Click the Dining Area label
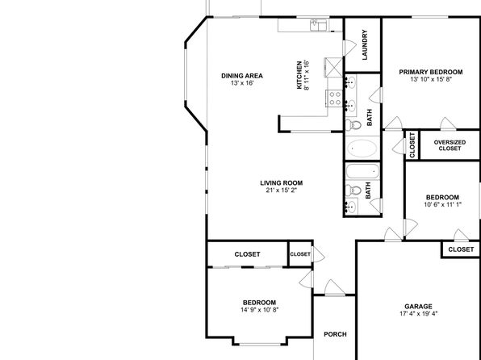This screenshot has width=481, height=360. [x=242, y=76]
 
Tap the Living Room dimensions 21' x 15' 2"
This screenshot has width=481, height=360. [x=282, y=190]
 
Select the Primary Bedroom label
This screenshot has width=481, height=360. [x=431, y=72]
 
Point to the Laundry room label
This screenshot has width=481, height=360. [x=365, y=45]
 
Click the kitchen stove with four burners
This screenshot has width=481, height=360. [x=334, y=98]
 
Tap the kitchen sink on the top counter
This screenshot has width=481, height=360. [x=319, y=26]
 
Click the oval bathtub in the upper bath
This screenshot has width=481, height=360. [x=362, y=149]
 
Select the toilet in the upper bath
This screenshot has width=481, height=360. [x=353, y=125]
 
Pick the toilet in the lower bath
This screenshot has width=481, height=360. [x=353, y=190]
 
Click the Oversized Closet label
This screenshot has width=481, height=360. [x=450, y=145]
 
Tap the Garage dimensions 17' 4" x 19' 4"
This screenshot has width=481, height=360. [x=418, y=314]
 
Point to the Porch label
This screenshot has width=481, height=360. [x=335, y=334]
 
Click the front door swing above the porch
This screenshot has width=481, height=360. [x=335, y=287]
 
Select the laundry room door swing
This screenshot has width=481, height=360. [x=349, y=48]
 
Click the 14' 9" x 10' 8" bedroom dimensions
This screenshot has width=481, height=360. [x=260, y=310]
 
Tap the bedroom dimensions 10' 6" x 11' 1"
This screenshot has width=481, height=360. [x=442, y=204]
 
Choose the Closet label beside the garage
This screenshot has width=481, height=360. [x=461, y=249]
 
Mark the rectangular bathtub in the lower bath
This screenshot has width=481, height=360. [x=362, y=170]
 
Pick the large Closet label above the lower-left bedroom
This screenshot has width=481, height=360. [x=247, y=254]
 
